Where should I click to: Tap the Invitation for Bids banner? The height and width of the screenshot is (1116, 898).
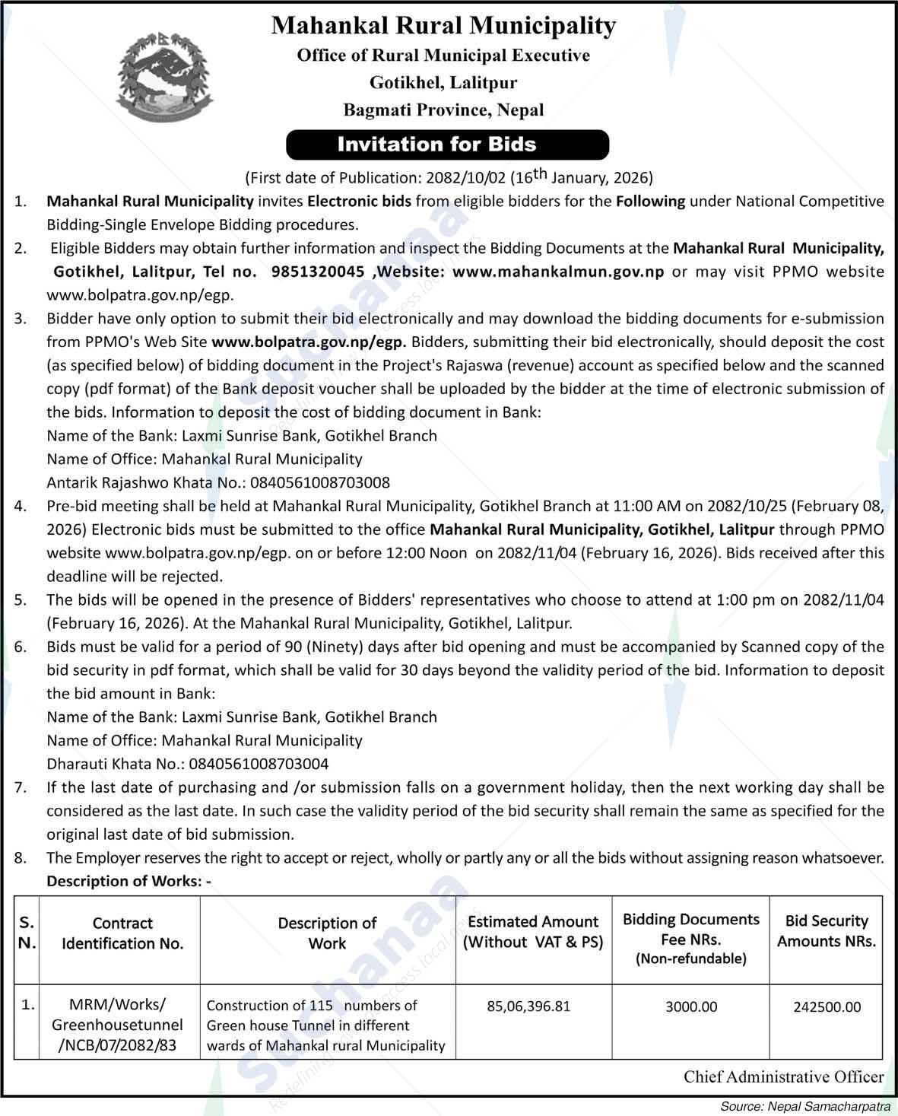(448, 145)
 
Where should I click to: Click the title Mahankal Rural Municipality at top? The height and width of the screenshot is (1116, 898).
(443, 26)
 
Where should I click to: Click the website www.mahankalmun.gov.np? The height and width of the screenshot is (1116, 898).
(558, 272)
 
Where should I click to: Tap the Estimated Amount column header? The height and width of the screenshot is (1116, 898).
(532, 932)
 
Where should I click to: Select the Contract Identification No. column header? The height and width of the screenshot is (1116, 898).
(122, 933)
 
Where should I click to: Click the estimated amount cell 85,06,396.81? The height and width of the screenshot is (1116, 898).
(528, 1006)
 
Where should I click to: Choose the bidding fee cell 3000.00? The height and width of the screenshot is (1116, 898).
(691, 1006)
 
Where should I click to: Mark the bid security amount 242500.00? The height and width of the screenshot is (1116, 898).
(827, 1006)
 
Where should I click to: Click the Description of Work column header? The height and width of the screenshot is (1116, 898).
(327, 933)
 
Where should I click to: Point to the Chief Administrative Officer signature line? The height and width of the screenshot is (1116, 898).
(783, 1076)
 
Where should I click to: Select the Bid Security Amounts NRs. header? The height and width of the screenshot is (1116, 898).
(827, 931)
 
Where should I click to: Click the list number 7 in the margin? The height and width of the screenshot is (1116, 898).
(21, 787)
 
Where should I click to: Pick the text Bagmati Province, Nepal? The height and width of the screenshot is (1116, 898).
(443, 110)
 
